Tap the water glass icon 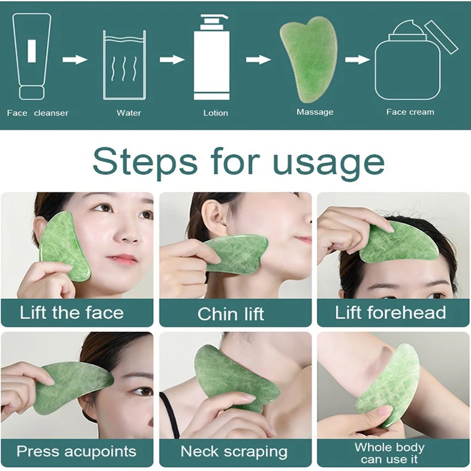point(125,65)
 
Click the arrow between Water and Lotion point(172,60)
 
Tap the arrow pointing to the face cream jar point(357,60)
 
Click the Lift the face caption point(72,313)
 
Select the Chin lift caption point(231,314)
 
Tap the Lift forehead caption point(390,313)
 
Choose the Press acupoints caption point(76,451)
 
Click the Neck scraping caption point(234,452)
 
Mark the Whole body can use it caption point(390,453)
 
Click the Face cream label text point(410,112)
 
